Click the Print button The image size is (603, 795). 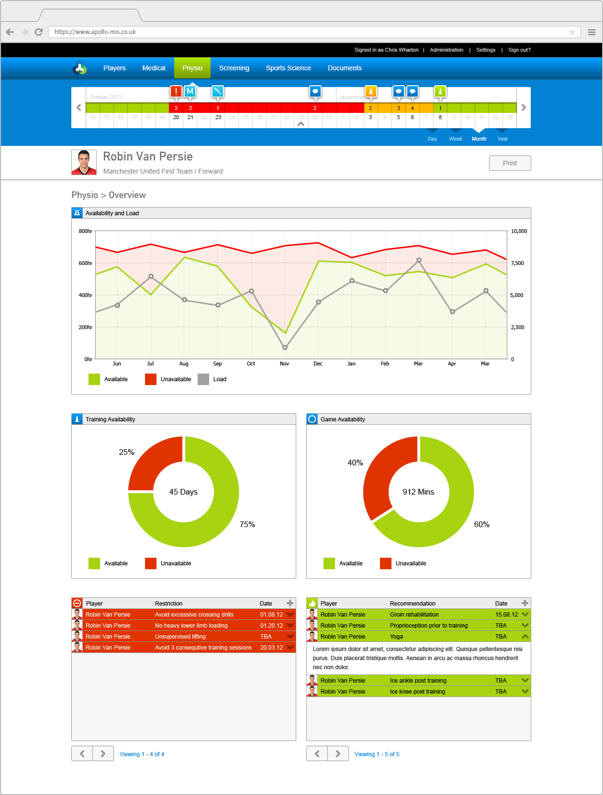pos(510,163)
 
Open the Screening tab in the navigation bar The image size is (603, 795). pos(234,68)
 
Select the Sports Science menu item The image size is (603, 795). pos(288,68)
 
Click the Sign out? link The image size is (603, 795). pos(519,50)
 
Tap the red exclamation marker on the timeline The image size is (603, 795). pos(176,91)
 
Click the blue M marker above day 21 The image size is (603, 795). pos(190,91)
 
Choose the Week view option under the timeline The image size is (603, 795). pos(455,139)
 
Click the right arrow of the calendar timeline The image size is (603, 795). pos(524,108)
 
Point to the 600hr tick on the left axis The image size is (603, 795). pos(85,263)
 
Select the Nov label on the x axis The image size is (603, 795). pos(284,364)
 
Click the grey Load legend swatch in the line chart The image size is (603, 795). pos(203,379)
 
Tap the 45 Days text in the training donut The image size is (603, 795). pos(183,492)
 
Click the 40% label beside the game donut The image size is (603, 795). pos(355,463)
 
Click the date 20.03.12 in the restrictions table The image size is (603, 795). pos(271,648)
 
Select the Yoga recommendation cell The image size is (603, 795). pos(396,637)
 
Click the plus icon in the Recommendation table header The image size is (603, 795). pos(525,603)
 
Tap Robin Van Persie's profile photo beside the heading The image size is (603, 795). pos(84,163)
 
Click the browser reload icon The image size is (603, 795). pos(39,32)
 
